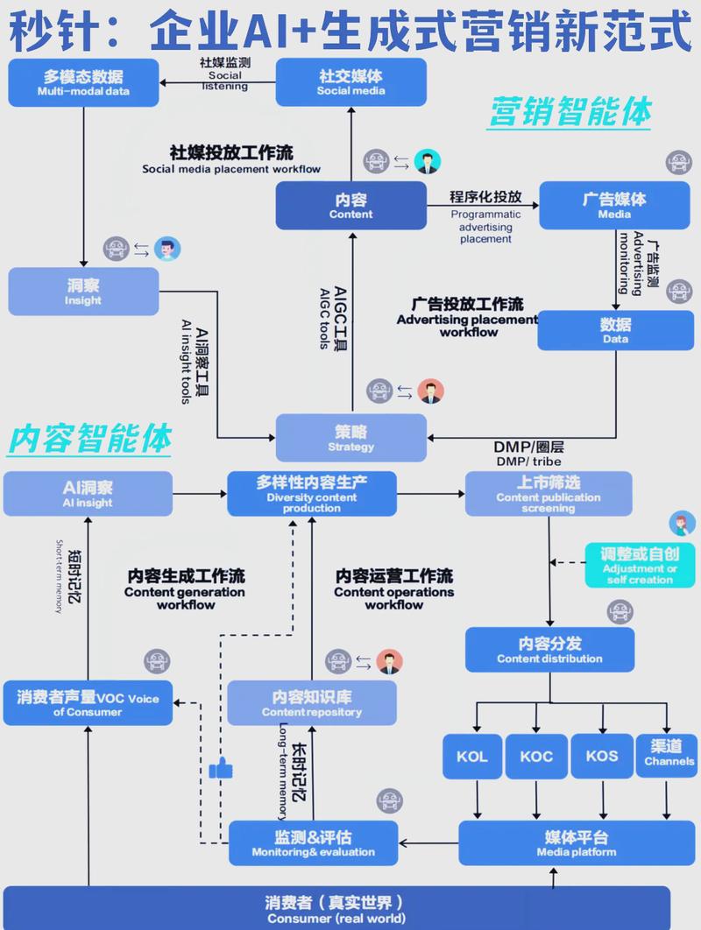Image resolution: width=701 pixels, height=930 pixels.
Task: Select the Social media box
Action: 350,82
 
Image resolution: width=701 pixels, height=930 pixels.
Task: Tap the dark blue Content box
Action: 350,206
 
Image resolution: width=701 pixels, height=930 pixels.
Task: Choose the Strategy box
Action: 350,438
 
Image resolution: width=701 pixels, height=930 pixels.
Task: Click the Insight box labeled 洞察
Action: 83,291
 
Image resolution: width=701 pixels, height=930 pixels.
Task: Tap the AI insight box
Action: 87,493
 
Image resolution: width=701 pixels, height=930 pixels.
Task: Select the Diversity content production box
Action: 312,493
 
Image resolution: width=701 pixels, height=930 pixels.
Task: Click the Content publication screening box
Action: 548,493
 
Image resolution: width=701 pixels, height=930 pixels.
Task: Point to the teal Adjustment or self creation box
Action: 639,565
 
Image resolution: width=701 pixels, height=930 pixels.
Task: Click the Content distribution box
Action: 549,650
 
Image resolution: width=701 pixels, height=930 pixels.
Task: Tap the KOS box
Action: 602,756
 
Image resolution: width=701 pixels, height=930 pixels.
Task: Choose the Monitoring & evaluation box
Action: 313,843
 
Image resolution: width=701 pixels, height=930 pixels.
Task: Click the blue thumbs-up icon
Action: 221,770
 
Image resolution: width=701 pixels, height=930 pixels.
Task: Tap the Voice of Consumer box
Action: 87,703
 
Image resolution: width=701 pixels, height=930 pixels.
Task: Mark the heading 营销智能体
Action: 570,113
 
